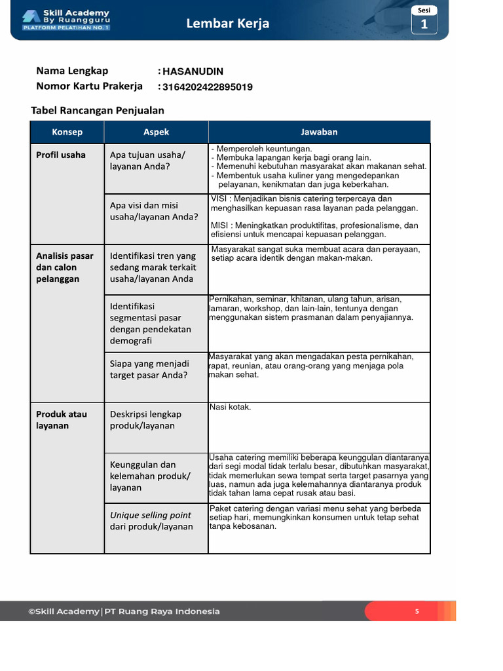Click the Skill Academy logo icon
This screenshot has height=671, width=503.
30,17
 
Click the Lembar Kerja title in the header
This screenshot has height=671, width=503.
227,24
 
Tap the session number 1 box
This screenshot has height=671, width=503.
424,24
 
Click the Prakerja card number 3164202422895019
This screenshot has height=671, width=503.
208,87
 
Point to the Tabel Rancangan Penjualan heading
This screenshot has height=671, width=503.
98,110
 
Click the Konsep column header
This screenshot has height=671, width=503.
67,132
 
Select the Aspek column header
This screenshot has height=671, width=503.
156,132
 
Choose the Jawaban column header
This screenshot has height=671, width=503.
319,132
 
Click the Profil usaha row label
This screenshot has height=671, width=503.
61,155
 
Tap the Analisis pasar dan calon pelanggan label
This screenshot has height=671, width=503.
65,267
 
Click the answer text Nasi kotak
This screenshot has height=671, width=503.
230,407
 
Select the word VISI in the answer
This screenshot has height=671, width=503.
220,199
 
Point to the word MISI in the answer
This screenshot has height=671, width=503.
220,225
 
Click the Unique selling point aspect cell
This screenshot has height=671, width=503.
151,521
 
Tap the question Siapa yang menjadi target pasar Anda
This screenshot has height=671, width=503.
149,369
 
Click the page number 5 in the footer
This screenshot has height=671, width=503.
417,611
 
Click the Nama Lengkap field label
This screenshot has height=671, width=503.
72,71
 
